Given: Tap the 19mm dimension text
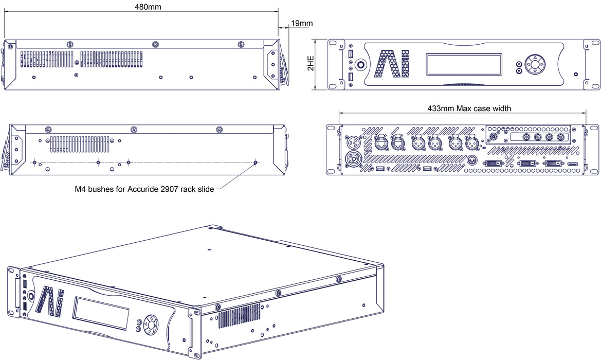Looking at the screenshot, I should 301,23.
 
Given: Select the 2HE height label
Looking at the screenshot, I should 311,64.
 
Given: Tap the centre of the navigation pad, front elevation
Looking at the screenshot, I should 535,65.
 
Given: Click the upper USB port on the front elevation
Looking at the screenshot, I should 351,53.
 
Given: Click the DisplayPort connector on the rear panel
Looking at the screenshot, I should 573,164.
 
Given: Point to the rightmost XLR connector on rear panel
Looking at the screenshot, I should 471,142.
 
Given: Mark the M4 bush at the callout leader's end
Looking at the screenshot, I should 256,163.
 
